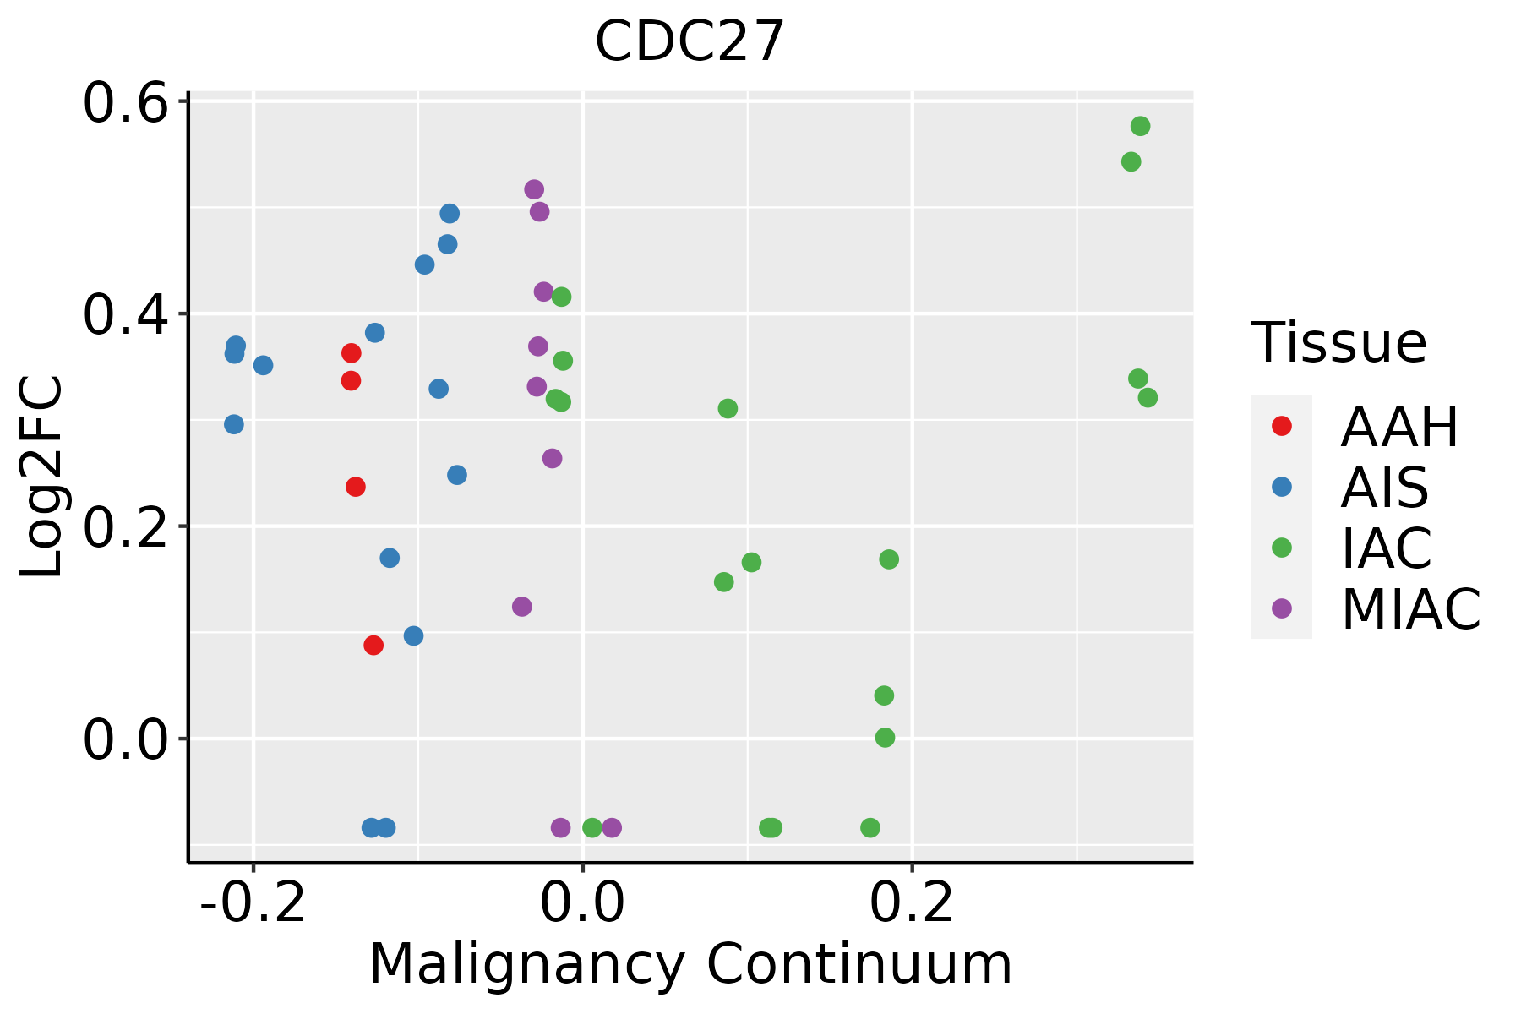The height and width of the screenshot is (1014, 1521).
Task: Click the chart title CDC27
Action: pyautogui.click(x=690, y=42)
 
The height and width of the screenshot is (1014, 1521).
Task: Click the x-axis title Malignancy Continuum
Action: pyautogui.click(x=690, y=964)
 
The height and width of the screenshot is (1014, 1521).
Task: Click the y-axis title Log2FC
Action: pyautogui.click(x=42, y=477)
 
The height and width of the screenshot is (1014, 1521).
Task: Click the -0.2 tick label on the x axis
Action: pyautogui.click(x=253, y=903)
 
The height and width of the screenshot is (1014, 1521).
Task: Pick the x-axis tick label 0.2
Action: pyautogui.click(x=913, y=903)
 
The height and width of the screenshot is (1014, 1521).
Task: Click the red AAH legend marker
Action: pyautogui.click(x=1281, y=426)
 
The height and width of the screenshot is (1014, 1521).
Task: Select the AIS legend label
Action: pyautogui.click(x=1384, y=488)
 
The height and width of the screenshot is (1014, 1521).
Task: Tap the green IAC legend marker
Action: pyautogui.click(x=1281, y=548)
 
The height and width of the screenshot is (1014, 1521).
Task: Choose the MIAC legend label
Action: pyautogui.click(x=1410, y=608)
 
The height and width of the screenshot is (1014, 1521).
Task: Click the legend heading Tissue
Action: pyautogui.click(x=1339, y=343)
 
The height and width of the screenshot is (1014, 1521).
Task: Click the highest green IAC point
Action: pyautogui.click(x=1140, y=127)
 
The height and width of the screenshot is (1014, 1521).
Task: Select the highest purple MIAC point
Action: pyautogui.click(x=534, y=189)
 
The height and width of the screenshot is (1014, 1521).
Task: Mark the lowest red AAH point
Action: pyautogui.click(x=373, y=646)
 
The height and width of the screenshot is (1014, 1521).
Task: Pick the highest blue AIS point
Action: pyautogui.click(x=450, y=214)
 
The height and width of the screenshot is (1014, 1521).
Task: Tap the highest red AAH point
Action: pyautogui.click(x=352, y=353)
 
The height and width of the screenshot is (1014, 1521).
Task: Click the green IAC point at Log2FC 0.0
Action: pyautogui.click(x=885, y=738)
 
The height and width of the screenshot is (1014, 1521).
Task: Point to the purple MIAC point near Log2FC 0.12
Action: pyautogui.click(x=522, y=607)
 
